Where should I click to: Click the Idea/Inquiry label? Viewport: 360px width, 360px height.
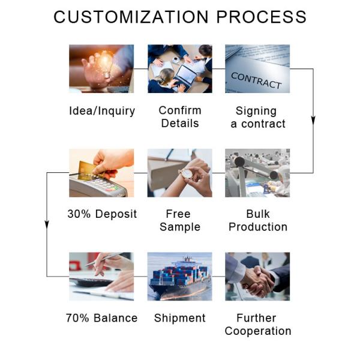click(x=101, y=111)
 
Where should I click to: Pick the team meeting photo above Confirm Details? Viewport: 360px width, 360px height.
click(x=180, y=68)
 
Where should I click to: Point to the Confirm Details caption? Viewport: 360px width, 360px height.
click(x=180, y=117)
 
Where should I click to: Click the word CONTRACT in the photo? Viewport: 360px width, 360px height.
click(x=256, y=80)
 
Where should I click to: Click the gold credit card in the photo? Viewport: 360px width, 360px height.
click(x=88, y=167)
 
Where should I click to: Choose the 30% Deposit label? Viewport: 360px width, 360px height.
click(x=102, y=214)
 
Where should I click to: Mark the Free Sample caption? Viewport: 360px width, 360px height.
click(x=180, y=220)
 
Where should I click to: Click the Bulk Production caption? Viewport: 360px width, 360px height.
click(x=258, y=220)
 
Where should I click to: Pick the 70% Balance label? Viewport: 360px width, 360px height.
click(x=101, y=318)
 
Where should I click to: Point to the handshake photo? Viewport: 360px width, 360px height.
click(x=257, y=277)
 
